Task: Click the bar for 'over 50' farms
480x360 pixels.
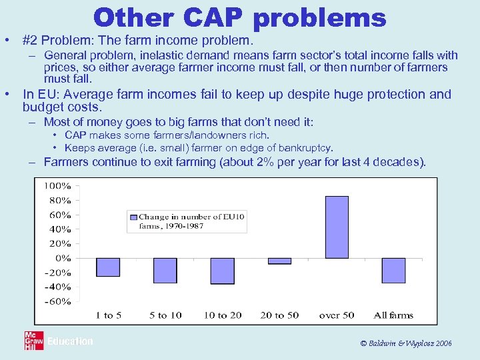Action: point(336,227)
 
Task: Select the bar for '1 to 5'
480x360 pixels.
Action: point(108,267)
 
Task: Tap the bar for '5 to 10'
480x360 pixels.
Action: point(165,270)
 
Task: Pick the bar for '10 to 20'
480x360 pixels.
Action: point(222,271)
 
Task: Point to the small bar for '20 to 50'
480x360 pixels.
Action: point(279,261)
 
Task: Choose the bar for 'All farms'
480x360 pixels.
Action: point(393,270)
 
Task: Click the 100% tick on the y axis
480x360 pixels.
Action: point(57,185)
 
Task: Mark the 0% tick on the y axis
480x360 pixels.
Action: point(63,257)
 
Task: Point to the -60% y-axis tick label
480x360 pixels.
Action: point(57,301)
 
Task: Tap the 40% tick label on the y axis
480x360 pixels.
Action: point(60,229)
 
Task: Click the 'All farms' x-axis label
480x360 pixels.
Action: point(393,315)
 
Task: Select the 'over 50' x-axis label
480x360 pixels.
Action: point(336,315)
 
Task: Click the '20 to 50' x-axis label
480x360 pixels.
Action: point(279,315)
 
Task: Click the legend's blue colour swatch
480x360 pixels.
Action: point(133,217)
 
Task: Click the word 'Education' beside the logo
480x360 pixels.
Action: point(70,341)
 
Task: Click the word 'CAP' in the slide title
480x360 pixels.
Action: point(213,17)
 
